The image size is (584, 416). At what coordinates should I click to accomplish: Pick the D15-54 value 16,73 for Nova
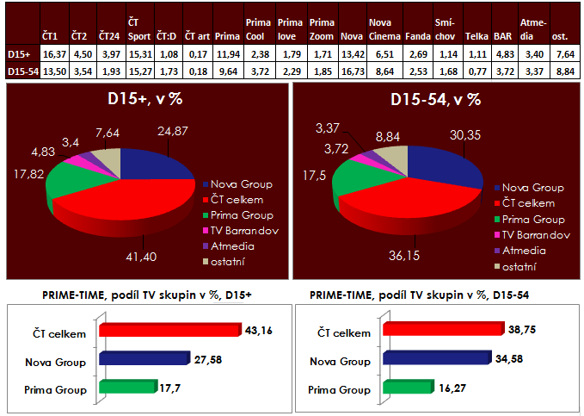tap(351, 68)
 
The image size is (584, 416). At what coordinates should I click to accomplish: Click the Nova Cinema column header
tap(384, 30)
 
